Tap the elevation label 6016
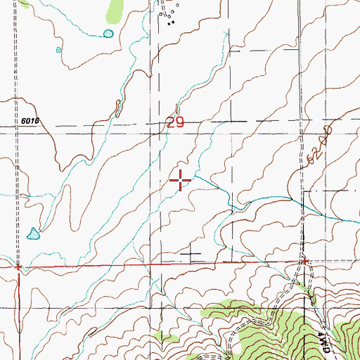(30, 121)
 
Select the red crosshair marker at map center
(181, 181)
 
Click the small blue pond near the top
(108, 33)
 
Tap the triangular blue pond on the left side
(32, 233)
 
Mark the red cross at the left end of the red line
(18, 267)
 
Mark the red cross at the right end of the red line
(304, 262)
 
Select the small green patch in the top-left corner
(25, 3)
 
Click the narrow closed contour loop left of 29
(117, 108)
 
